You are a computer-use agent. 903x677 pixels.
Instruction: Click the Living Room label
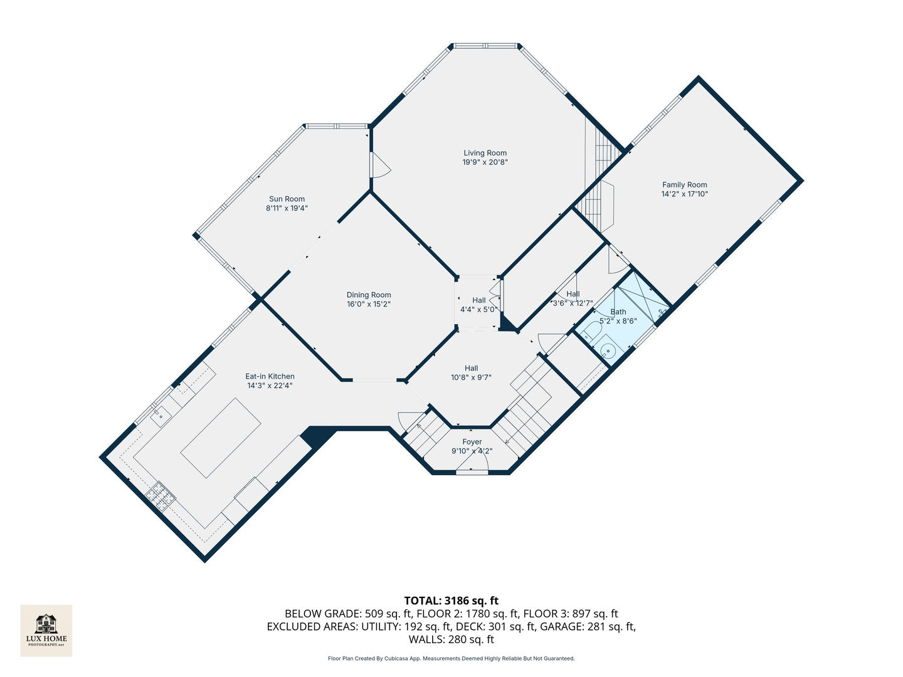tap(485, 153)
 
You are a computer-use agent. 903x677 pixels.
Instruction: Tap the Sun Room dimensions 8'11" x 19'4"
tap(287, 208)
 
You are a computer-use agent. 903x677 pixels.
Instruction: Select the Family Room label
tap(684, 185)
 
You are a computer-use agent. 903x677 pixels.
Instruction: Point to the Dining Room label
tap(369, 295)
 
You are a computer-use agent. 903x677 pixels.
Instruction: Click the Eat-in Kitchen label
tap(270, 377)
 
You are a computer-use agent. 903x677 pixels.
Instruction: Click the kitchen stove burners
tap(161, 496)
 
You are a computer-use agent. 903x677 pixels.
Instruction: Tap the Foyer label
tap(472, 442)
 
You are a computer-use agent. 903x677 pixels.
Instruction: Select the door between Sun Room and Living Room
tap(379, 164)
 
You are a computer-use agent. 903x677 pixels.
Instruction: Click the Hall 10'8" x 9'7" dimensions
tap(471, 378)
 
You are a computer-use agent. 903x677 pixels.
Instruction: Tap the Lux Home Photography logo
tap(46, 630)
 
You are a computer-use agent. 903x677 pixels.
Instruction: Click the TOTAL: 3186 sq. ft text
tap(451, 601)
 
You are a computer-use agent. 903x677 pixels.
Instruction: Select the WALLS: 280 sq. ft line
tap(451, 639)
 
